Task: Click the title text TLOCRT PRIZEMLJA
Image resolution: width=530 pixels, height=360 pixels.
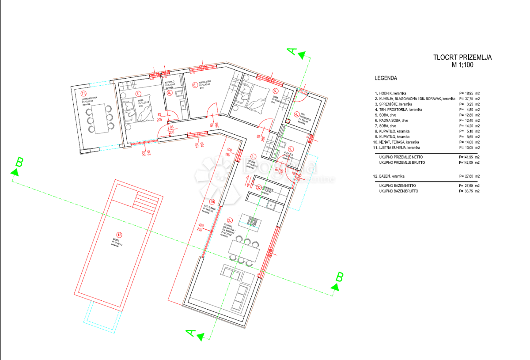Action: [x=462, y=57]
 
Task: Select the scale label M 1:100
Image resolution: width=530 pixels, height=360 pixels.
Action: [x=462, y=65]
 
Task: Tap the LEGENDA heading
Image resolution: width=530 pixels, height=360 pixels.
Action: [x=386, y=78]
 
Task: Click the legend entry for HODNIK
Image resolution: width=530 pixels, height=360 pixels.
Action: [x=393, y=93]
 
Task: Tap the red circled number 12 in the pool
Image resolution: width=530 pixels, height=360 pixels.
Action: [x=118, y=235]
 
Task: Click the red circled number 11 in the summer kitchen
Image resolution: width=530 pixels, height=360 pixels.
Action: [x=83, y=93]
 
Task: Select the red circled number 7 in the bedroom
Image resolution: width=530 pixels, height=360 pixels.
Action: [x=138, y=94]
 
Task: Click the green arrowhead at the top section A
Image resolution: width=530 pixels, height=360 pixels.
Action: [x=302, y=55]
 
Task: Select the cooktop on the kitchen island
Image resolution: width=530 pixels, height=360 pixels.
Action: [x=253, y=220]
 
